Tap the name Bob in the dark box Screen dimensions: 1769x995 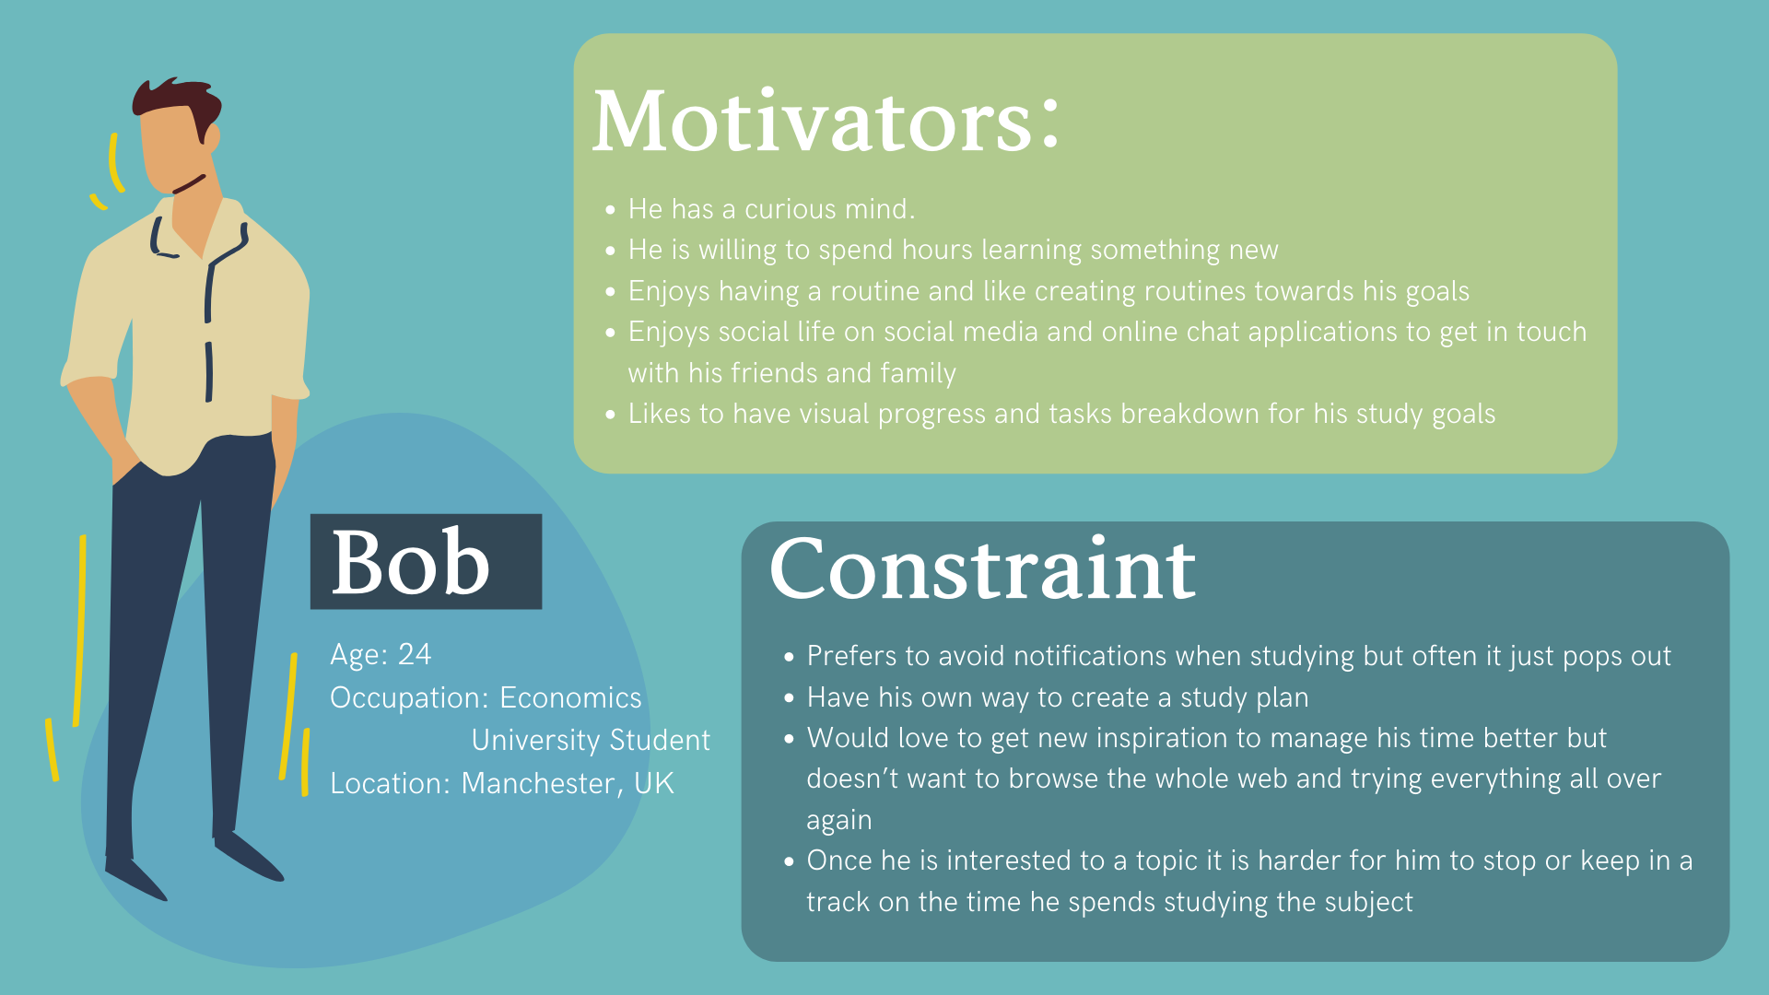410,562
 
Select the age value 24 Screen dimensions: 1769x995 415,654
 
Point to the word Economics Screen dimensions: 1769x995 570,697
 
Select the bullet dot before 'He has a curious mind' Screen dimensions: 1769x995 610,211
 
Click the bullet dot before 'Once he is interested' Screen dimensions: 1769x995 789,862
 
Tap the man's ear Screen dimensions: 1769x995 212,138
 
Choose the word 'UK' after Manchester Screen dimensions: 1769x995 654,783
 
